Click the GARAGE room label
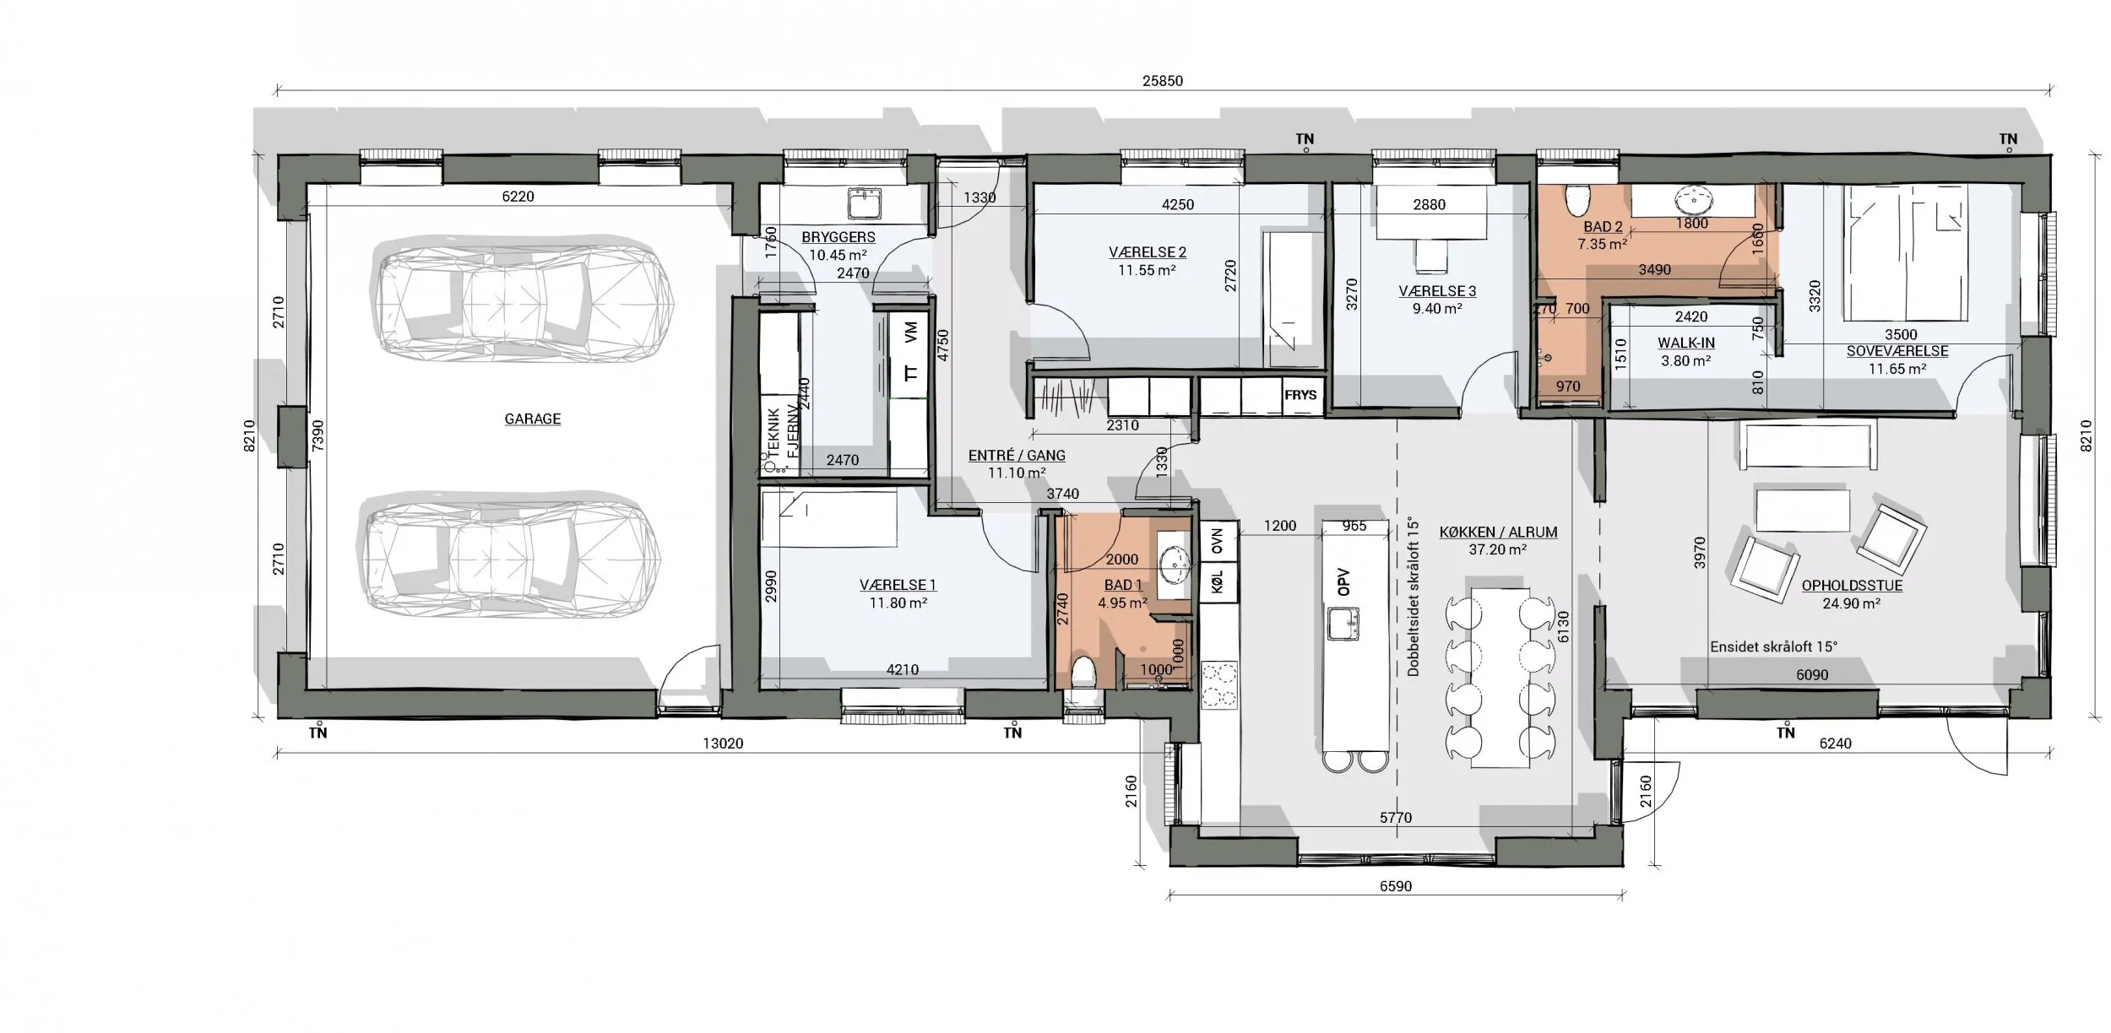532,419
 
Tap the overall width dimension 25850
1163,81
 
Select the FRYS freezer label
1300,395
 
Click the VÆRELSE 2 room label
1148,251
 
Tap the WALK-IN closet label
1686,343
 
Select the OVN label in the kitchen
1217,541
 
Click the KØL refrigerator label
1217,582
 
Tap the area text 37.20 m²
1498,549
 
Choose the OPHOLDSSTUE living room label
1852,585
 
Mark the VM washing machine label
910,332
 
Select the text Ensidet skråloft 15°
1774,646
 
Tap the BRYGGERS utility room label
838,237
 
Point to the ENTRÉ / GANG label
1017,455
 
